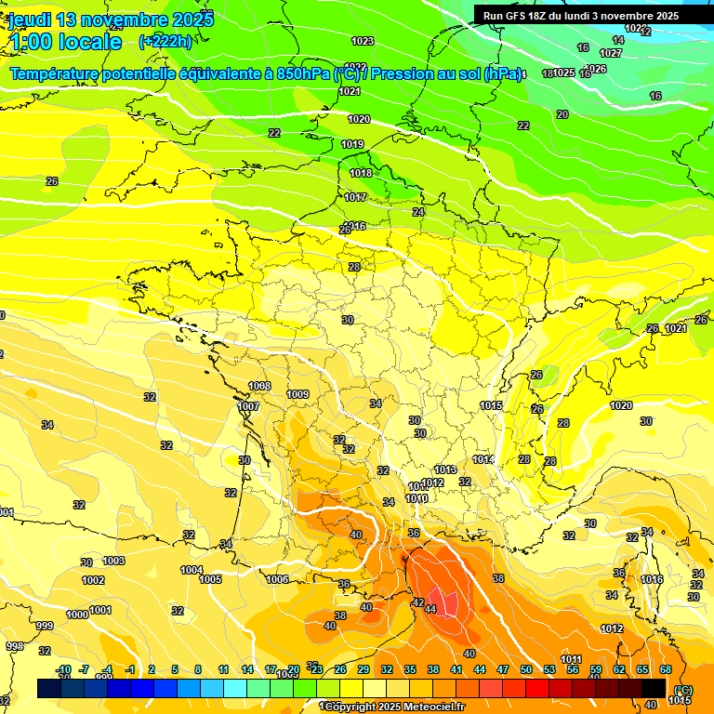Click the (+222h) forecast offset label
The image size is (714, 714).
pyautogui.click(x=165, y=41)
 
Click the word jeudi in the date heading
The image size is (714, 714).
pyautogui.click(x=30, y=19)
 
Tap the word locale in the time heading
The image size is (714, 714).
pyautogui.click(x=89, y=42)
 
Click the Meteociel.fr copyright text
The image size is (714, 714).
pyautogui.click(x=390, y=707)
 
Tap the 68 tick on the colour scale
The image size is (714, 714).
pyautogui.click(x=666, y=669)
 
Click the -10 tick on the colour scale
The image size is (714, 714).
pyautogui.click(x=63, y=669)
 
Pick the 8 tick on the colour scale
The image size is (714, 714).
pyautogui.click(x=198, y=669)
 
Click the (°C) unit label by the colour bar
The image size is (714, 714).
pyautogui.click(x=683, y=689)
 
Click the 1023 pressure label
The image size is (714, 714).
pyautogui.click(x=363, y=41)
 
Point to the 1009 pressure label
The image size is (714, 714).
pyautogui.click(x=297, y=394)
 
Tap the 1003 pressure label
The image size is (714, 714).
pyautogui.click(x=113, y=561)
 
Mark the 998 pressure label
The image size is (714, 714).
pyautogui.click(x=15, y=646)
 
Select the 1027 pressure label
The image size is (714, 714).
pyautogui.click(x=611, y=53)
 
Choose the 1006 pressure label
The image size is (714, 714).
pyautogui.click(x=277, y=579)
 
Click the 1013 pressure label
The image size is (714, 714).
pyautogui.click(x=445, y=469)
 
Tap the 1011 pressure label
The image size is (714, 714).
pyautogui.click(x=571, y=659)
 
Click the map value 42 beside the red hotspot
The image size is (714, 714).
pyautogui.click(x=418, y=602)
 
